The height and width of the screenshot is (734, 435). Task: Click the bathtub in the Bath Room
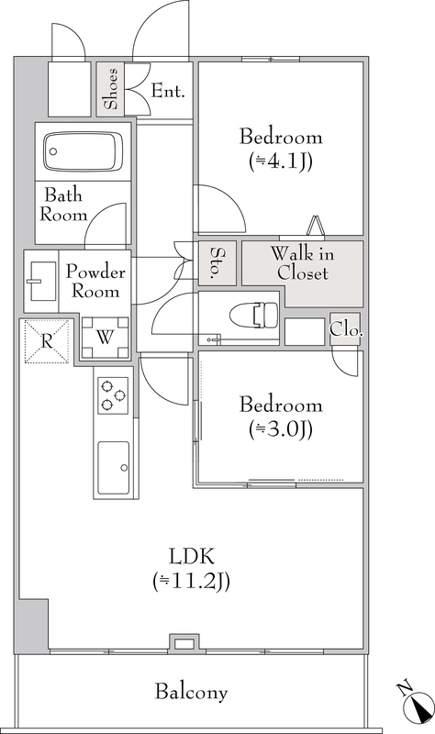pyautogui.click(x=83, y=151)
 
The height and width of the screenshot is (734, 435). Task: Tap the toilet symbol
pyautogui.click(x=253, y=314)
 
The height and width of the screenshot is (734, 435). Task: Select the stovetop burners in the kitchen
pyautogui.click(x=113, y=395)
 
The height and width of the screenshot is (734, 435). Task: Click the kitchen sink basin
pyautogui.click(x=113, y=467)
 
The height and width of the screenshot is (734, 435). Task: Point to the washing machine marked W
pyautogui.click(x=105, y=337)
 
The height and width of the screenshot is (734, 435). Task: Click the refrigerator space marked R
pyautogui.click(x=47, y=340)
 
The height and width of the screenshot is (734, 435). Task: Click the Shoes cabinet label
pyautogui.click(x=111, y=89)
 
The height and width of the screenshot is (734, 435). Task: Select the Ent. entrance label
pyautogui.click(x=168, y=91)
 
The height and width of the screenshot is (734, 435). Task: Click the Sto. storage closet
pyautogui.click(x=217, y=262)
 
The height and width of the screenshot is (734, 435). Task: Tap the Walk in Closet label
pyautogui.click(x=303, y=263)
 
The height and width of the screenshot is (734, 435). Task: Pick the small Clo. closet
pyautogui.click(x=346, y=329)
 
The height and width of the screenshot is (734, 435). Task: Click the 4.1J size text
pyautogui.click(x=281, y=161)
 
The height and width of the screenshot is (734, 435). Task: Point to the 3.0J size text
pyautogui.click(x=281, y=428)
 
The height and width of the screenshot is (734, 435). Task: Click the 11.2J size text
pyautogui.click(x=191, y=582)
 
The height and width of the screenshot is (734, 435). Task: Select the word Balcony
pyautogui.click(x=191, y=692)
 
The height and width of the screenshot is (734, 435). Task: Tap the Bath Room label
pyautogui.click(x=63, y=205)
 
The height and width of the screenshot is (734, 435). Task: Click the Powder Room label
pyautogui.click(x=95, y=281)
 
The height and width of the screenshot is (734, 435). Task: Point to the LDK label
pyautogui.click(x=192, y=557)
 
